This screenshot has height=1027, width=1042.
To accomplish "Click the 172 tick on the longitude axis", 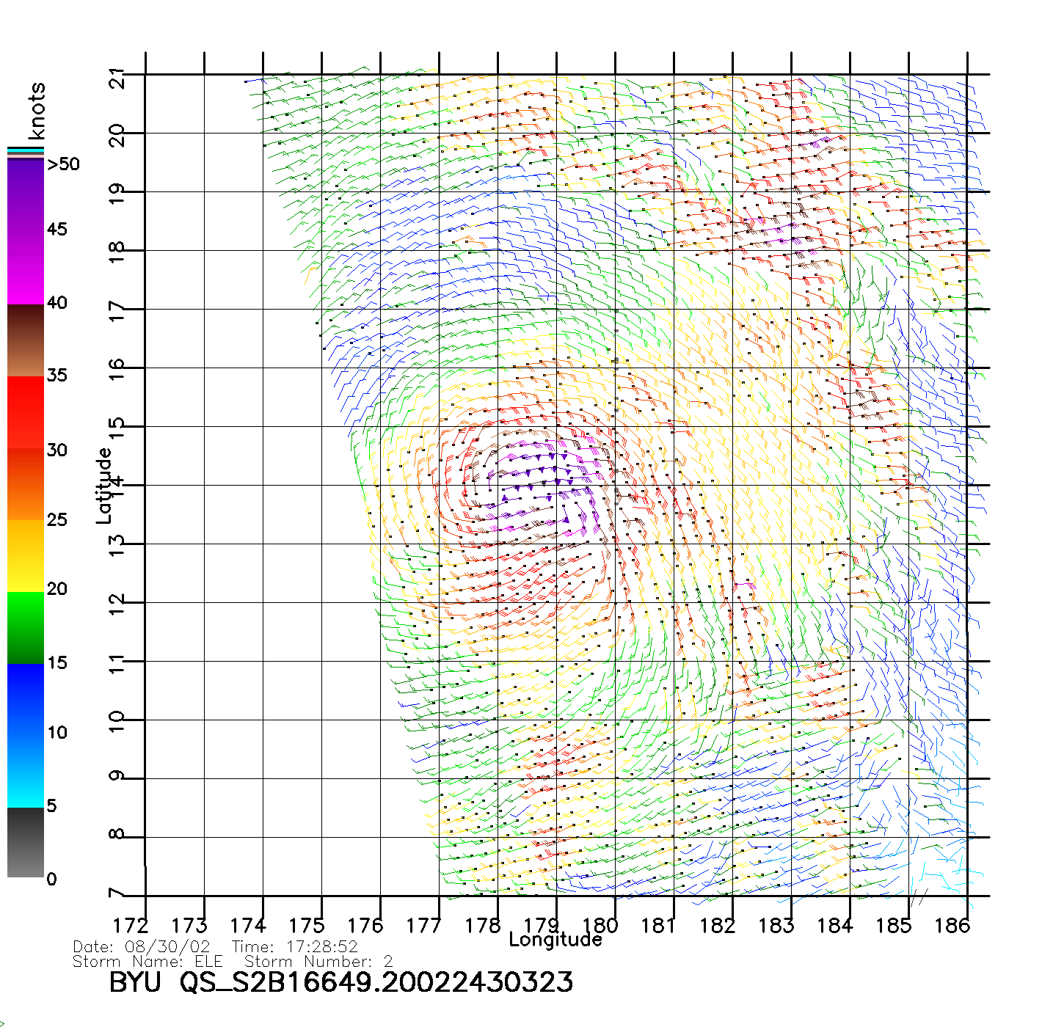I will coord(131,926).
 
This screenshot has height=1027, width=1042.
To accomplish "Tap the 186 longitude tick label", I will coord(952,926).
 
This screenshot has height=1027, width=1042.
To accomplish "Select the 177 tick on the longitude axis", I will coord(423,926).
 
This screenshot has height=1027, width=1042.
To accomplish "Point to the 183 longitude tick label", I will coord(776,926).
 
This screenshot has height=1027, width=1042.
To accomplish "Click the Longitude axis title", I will coord(555,940).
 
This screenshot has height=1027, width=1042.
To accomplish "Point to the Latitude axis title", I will coord(104,485).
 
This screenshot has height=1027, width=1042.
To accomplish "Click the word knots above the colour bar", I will coord(37,111).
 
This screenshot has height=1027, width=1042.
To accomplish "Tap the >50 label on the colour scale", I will coord(63,164).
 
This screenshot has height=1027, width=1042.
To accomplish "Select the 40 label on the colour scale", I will coord(57,302).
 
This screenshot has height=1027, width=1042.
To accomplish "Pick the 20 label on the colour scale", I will coord(57,588).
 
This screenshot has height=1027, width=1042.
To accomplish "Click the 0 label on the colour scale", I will coord(51,879).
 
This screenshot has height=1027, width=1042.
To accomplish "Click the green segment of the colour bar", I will coord(26,627).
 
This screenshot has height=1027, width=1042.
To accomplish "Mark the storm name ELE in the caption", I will coord(208,961).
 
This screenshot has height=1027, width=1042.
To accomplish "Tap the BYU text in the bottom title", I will coord(135,982).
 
